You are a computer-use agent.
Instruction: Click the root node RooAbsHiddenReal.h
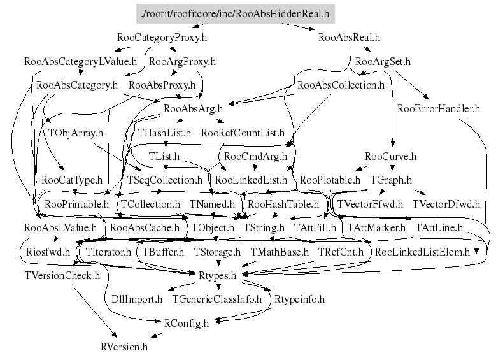coord(236,14)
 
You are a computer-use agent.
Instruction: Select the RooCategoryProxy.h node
coord(163,38)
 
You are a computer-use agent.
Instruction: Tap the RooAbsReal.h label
coord(349,38)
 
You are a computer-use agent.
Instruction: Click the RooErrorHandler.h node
coord(438,108)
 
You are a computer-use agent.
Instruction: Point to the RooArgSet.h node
coord(383,62)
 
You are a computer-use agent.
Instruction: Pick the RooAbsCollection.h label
coord(341,85)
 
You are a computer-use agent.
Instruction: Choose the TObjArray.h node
coord(76,133)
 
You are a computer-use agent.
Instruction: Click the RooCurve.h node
coord(390,157)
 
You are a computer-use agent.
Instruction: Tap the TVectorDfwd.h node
coord(446,205)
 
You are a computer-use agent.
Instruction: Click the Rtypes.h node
coord(218,275)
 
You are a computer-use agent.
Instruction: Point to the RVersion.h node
coord(124,347)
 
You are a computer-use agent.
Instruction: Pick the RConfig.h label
coord(187,323)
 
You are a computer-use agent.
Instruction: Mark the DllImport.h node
coord(137,299)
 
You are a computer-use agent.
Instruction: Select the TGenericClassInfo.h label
coord(216,299)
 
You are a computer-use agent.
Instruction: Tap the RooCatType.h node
coord(72,180)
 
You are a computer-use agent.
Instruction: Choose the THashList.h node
coord(164,133)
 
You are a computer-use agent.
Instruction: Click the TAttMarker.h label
coord(376,227)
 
